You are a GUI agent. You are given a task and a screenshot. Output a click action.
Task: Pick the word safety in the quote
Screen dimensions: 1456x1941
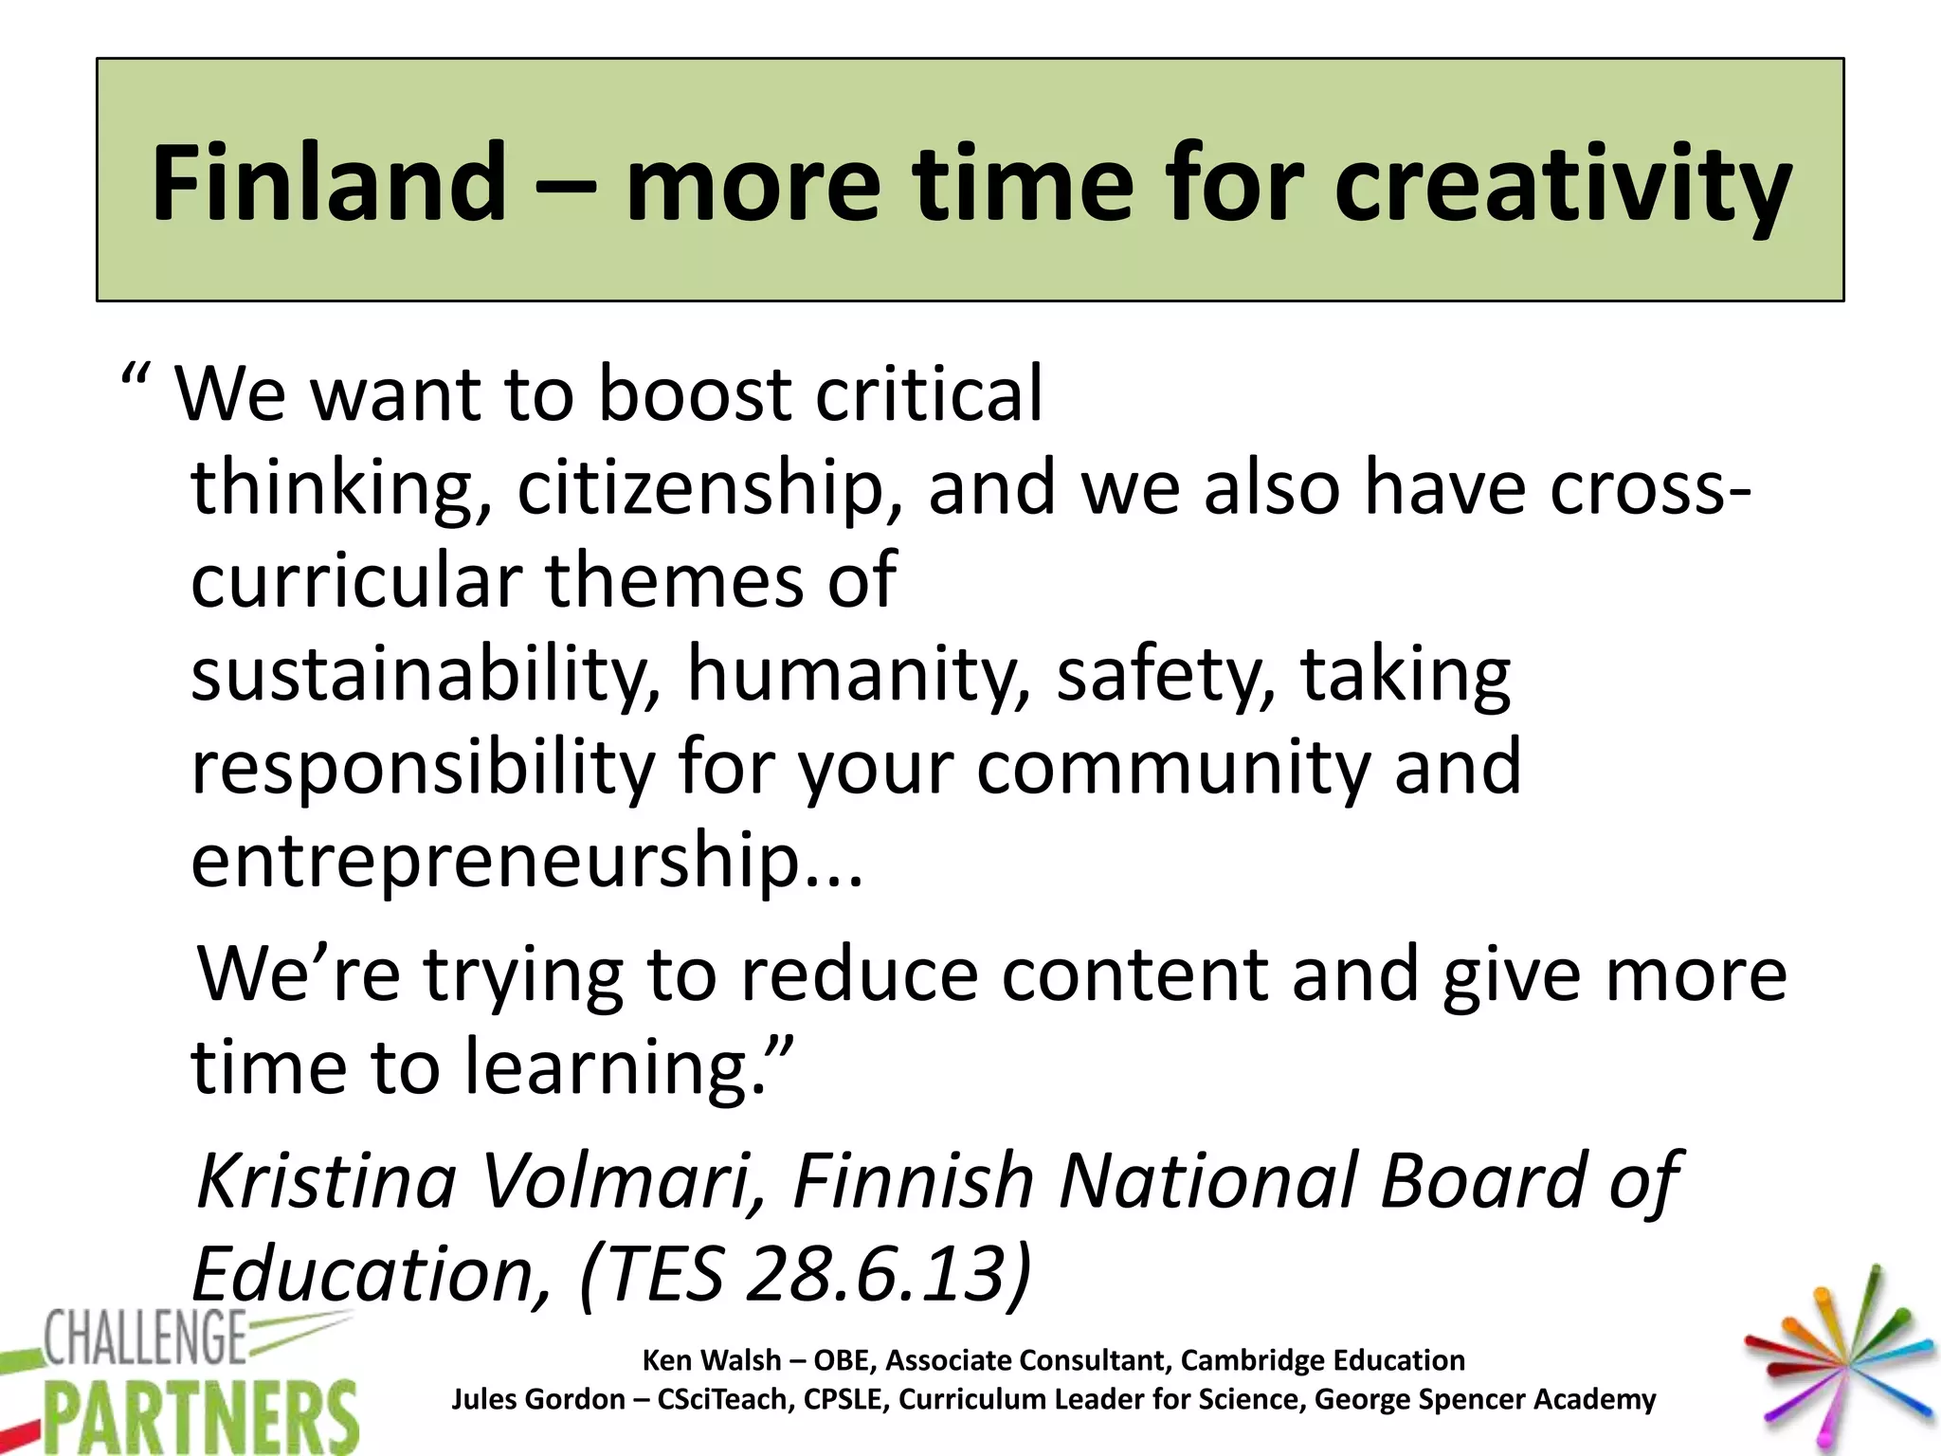[x=1166, y=675]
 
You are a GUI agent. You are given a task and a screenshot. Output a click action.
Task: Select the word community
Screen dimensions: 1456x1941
[x=1173, y=768]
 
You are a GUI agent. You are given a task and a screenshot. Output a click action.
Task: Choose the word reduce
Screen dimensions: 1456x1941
[x=859, y=974]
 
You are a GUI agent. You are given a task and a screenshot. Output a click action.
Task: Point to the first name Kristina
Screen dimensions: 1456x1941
[x=327, y=1181]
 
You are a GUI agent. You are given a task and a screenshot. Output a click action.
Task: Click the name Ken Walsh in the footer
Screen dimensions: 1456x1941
[x=712, y=1360]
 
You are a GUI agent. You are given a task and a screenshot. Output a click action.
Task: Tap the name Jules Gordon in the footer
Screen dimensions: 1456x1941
[x=537, y=1399]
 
